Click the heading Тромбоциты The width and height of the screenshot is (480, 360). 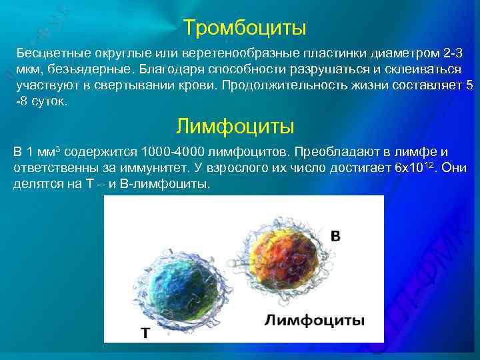point(245,28)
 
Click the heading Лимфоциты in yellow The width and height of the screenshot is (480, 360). point(235,125)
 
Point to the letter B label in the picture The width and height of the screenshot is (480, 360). point(335,236)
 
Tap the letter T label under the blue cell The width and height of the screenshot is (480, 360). point(143,331)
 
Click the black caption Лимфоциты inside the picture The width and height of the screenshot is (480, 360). point(314,320)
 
